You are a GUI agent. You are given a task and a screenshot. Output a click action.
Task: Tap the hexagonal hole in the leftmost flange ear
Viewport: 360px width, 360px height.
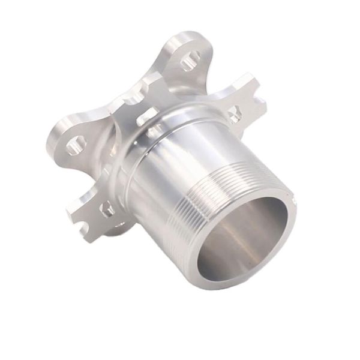(75, 145)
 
